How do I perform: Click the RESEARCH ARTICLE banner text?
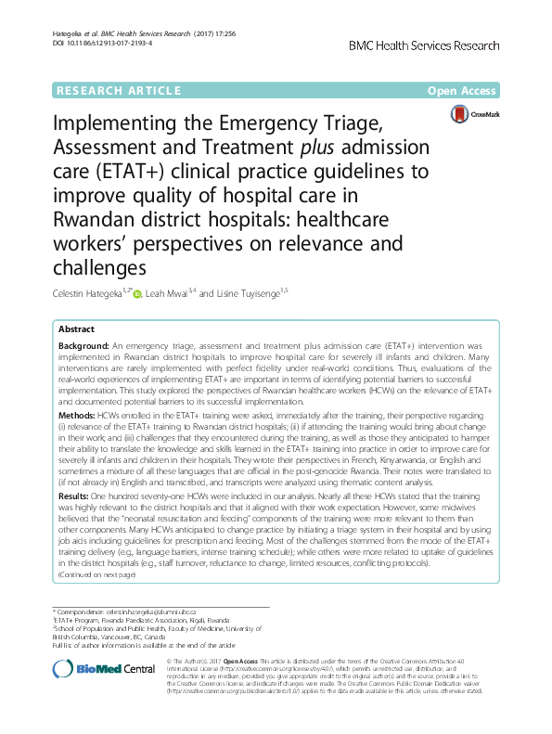click(x=119, y=90)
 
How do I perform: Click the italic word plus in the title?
click(x=318, y=148)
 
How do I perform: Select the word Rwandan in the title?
click(x=102, y=219)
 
